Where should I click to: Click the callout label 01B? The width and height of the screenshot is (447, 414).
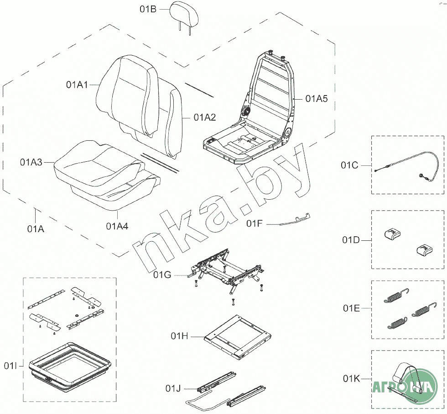148,9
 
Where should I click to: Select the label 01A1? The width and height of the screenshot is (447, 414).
77,85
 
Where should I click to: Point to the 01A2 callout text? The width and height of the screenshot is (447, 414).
205,117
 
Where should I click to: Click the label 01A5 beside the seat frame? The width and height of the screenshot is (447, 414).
317,99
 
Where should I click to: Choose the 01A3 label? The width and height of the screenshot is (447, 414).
31,162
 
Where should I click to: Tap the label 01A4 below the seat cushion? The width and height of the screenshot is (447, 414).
117,226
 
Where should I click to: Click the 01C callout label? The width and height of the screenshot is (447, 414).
349,165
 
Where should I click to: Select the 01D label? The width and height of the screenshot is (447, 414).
351,240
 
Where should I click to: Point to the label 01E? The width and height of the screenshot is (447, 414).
351,308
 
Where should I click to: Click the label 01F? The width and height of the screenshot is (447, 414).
255,223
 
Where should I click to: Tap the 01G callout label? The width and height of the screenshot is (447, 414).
162,275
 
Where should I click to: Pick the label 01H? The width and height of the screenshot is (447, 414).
179,336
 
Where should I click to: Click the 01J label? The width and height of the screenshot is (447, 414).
173,388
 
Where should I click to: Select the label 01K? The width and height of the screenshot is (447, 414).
351,379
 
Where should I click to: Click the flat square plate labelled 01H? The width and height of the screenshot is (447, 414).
238,337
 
